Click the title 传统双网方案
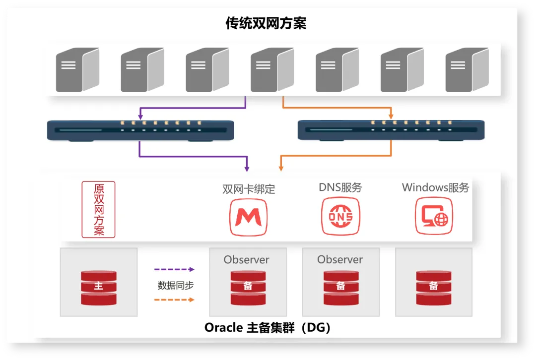(x=266, y=23)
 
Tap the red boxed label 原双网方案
(x=98, y=209)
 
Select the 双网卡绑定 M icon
(x=248, y=216)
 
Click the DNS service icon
(x=340, y=216)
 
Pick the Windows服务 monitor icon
(x=434, y=216)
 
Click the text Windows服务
(x=435, y=187)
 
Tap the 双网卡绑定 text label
(x=249, y=189)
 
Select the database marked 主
(x=98, y=287)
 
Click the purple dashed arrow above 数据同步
(x=174, y=269)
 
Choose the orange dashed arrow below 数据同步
(x=174, y=300)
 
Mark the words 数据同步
(x=175, y=285)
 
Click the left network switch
(x=140, y=130)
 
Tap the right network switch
(x=391, y=130)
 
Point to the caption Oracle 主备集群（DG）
(x=268, y=328)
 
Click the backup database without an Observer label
(x=434, y=287)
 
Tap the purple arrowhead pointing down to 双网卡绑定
(x=247, y=168)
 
